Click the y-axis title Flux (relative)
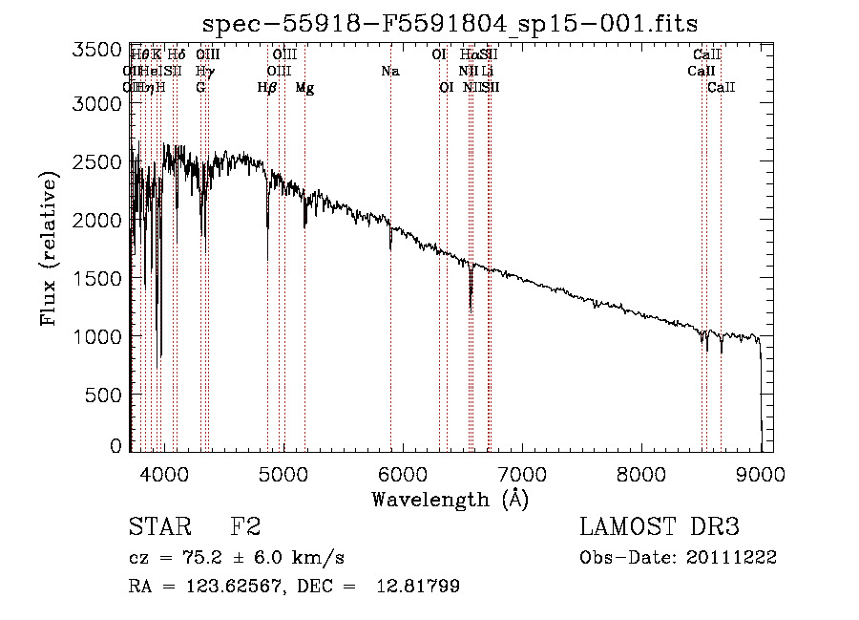tap(49, 250)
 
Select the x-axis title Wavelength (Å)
tap(450, 499)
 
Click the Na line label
tap(389, 71)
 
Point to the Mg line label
tap(304, 88)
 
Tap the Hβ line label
tap(267, 88)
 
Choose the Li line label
tap(487, 71)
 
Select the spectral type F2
tap(245, 526)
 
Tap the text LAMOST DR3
tap(660, 526)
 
